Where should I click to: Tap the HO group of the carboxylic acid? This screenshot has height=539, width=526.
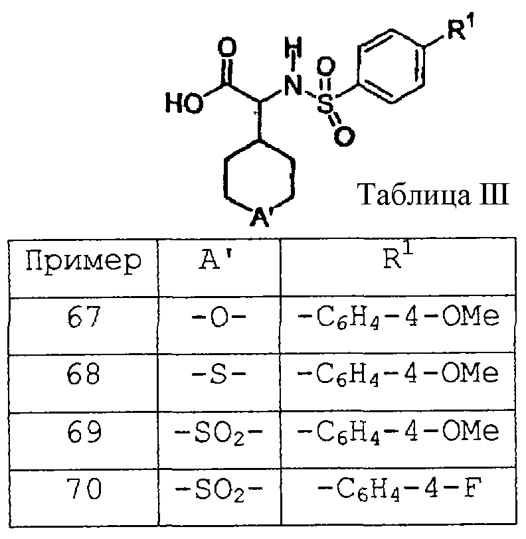[x=185, y=103]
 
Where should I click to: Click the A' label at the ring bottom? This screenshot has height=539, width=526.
[x=261, y=216]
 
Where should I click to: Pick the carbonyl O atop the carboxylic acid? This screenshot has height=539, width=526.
[x=227, y=48]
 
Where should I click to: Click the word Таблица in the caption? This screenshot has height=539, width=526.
[x=414, y=194]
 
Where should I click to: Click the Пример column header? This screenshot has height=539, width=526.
[x=84, y=262]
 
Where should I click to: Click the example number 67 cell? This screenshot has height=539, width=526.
[x=84, y=317]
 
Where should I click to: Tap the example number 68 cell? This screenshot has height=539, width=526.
[x=84, y=374]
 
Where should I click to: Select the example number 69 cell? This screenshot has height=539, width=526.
[x=84, y=431]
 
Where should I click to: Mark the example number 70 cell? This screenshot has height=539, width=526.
[x=84, y=488]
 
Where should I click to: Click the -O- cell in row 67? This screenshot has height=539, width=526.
[x=219, y=317]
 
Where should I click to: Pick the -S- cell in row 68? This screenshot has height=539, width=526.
[x=219, y=374]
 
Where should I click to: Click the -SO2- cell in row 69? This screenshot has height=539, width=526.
[x=219, y=432]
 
